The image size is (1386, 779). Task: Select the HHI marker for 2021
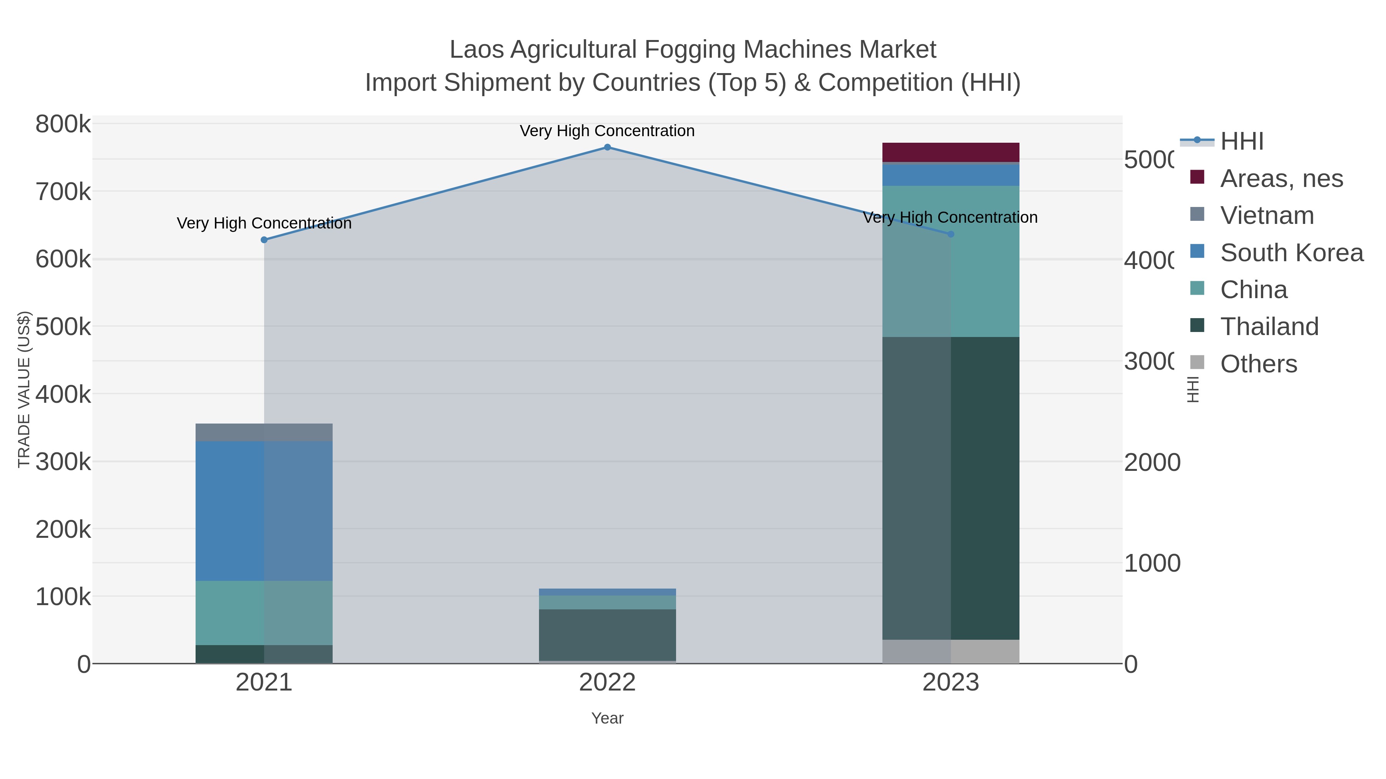(264, 240)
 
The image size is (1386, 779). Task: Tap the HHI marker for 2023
(951, 234)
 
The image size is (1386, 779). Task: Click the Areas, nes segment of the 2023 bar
(951, 152)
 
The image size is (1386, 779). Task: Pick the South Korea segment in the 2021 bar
(264, 511)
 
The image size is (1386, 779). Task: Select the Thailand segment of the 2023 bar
(951, 488)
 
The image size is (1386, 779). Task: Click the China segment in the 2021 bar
(264, 613)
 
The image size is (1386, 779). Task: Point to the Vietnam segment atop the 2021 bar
(264, 432)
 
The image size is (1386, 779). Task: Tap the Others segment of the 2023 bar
(951, 652)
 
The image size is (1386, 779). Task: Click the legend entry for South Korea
(1291, 253)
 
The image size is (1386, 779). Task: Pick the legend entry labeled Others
(1258, 364)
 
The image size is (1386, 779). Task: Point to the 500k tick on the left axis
(63, 326)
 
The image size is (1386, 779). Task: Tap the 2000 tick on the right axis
(1152, 462)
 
